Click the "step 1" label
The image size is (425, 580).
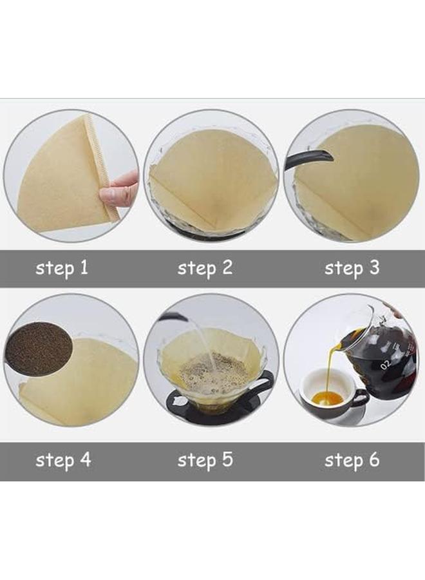pyautogui.click(x=62, y=268)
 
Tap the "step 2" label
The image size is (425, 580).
pyautogui.click(x=205, y=268)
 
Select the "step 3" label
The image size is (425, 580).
pyautogui.click(x=352, y=268)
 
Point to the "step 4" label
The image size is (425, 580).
pyautogui.click(x=63, y=460)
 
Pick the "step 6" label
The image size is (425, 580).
pyautogui.click(x=352, y=460)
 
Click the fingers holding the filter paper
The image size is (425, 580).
pyautogui.click(x=121, y=189)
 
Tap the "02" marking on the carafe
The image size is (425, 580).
pyautogui.click(x=384, y=365)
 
